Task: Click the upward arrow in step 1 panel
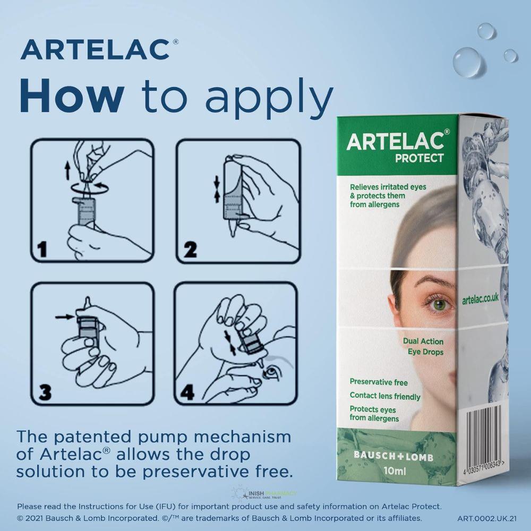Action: coord(67,170)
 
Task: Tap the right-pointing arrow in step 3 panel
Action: coord(65,318)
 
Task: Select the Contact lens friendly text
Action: coord(385,396)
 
